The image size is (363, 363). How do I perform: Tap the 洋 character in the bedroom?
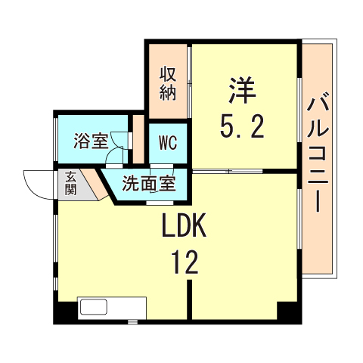242,90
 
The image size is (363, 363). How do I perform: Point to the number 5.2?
242,126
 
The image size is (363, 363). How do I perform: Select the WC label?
168,143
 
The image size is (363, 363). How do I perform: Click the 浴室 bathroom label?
91,141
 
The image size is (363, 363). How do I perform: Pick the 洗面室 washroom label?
149,183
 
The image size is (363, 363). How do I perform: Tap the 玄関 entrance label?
70,184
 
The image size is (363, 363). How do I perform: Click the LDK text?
185,225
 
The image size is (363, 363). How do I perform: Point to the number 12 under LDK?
185,262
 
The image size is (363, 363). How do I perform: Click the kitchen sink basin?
94,307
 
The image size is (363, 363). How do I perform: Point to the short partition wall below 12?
190,299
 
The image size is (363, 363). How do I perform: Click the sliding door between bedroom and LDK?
228,171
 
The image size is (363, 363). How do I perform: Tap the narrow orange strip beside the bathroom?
138,139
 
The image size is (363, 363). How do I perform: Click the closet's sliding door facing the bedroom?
190,81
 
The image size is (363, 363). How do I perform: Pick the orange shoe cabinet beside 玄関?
95,183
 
